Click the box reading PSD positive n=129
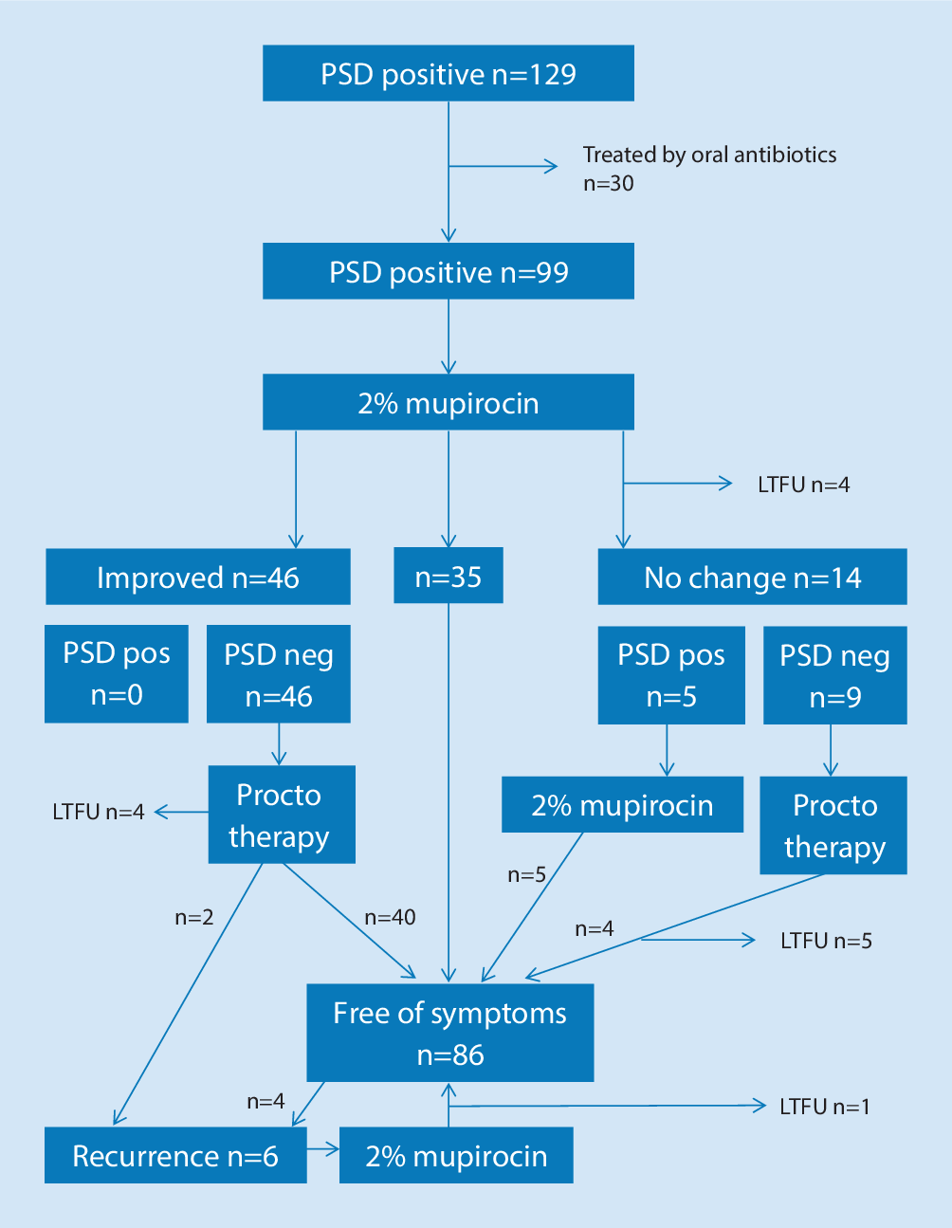point(448,74)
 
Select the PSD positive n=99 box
point(448,272)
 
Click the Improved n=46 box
point(197,577)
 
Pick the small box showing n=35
point(448,577)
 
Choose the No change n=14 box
point(752,577)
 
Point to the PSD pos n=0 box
point(117,674)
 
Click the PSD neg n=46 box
point(279,675)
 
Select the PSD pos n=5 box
point(670,676)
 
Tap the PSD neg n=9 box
point(834,676)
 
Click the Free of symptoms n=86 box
point(449,1034)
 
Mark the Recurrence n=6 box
point(175,1156)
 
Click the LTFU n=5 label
point(825,941)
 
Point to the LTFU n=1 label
point(824,1107)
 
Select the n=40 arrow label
point(390,917)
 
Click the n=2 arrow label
point(193,917)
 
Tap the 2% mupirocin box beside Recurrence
point(456,1156)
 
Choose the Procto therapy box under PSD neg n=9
point(833,826)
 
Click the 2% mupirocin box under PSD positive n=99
point(448,403)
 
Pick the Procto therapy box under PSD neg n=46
point(281,816)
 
